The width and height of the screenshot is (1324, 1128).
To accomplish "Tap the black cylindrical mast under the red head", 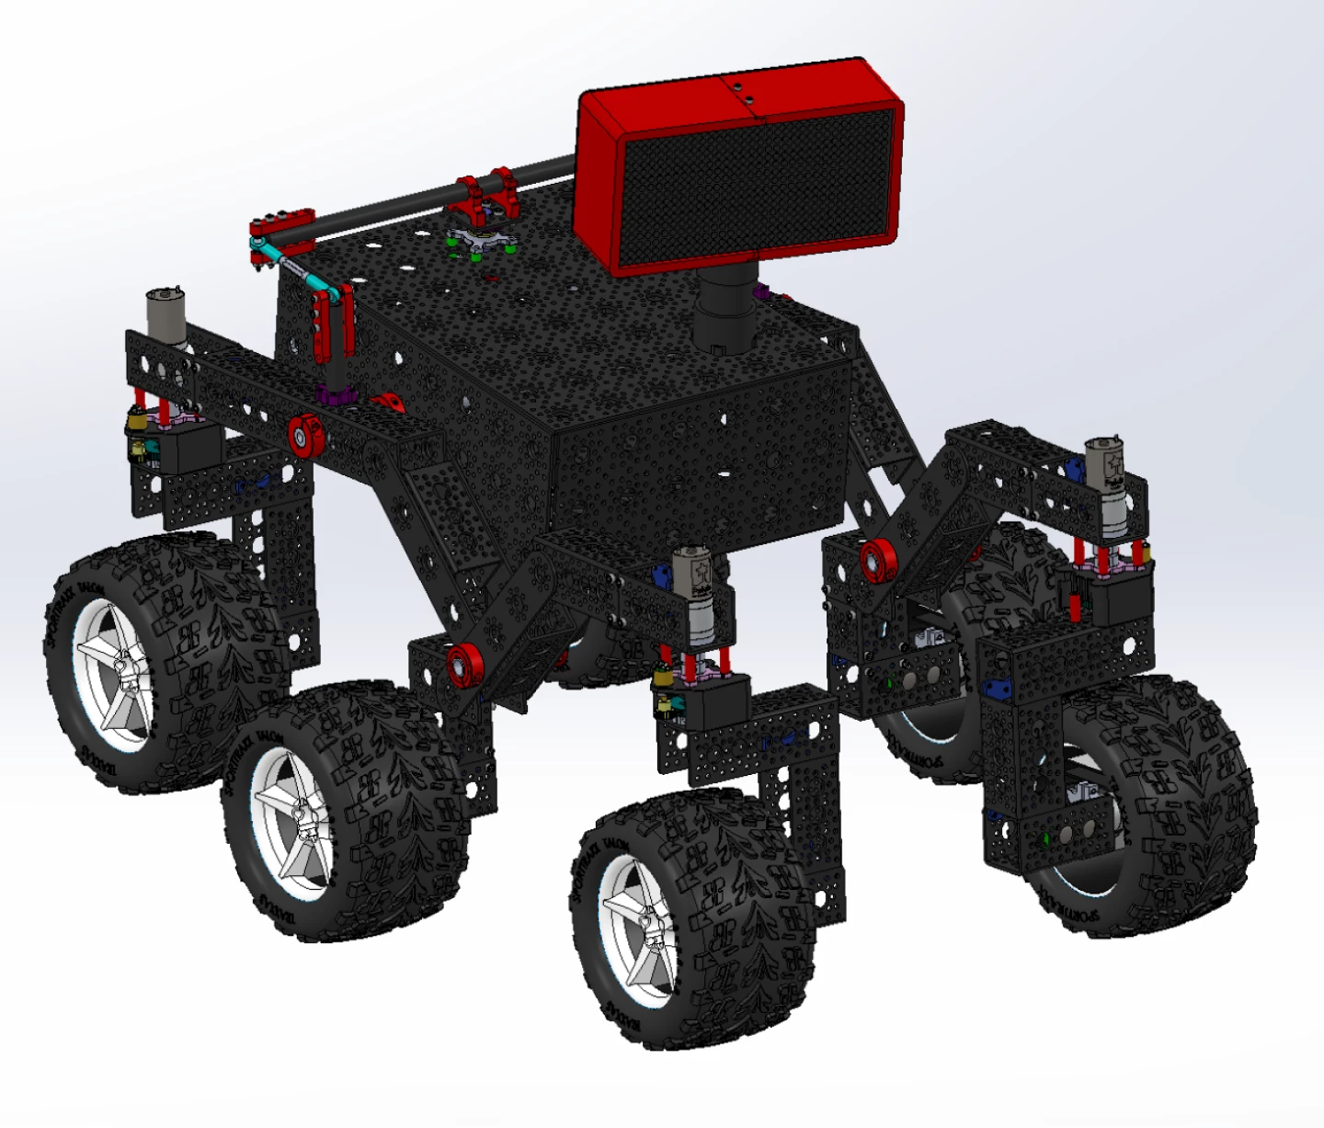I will coord(723,308).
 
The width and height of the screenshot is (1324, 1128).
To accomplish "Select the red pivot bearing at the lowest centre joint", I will coord(464,664).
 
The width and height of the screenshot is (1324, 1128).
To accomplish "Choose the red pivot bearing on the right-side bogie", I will coord(876,558).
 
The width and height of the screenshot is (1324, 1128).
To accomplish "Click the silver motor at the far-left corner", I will coord(165,317).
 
